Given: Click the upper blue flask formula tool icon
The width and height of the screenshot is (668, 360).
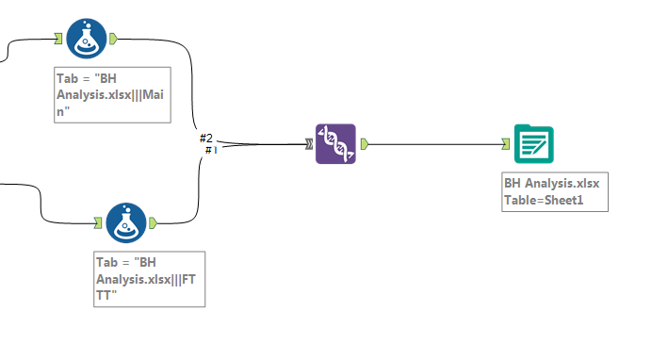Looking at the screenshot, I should point(86,39).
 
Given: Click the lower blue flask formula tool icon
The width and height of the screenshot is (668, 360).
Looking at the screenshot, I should point(125,223).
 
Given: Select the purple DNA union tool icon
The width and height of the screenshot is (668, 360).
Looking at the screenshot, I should point(335,144).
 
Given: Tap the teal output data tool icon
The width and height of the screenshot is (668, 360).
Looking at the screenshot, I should point(533,144).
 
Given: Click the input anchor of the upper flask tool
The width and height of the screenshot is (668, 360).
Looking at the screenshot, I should point(58,39).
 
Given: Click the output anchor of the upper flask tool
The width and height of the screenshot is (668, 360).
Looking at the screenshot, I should point(113,39).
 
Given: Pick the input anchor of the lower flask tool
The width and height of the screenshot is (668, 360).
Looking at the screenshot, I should point(98,223).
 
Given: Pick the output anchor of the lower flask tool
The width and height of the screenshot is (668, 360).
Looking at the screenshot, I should point(153,223).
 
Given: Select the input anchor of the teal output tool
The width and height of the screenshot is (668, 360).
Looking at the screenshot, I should point(506,144).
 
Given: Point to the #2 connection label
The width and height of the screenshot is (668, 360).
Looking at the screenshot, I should point(206,139).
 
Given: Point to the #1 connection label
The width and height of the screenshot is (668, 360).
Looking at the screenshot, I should point(210,150).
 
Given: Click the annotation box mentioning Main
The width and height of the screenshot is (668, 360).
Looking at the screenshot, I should point(112,94).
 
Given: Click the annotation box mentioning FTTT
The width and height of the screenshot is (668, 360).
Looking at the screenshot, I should point(150,278).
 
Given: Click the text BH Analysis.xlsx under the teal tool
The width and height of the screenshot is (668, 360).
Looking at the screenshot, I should point(552,183).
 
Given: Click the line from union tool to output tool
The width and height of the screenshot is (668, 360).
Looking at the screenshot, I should point(433,144).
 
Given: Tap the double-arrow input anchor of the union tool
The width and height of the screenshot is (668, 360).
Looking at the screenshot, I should point(308,144).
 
